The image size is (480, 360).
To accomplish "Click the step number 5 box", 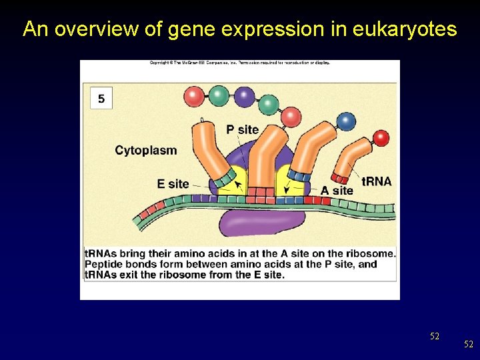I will tap(101, 99).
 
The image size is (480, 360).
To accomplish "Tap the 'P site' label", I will tap(242, 129).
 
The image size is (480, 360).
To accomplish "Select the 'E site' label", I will tap(173, 183).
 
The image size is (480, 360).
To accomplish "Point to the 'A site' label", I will tap(337, 191).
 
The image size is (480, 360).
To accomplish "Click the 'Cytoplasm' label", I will tap(146, 150).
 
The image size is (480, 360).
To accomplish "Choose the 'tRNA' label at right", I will tap(376, 181).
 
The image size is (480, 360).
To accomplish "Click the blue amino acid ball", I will tap(346, 121).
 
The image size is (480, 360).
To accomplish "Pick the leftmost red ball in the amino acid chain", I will tap(195, 97).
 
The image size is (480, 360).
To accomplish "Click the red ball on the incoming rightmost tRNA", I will tap(381, 138).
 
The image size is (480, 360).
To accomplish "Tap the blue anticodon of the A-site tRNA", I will tap(299, 177).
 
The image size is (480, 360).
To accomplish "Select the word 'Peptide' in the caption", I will tap(104, 264).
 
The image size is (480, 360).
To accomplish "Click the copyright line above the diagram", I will tap(239, 63).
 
